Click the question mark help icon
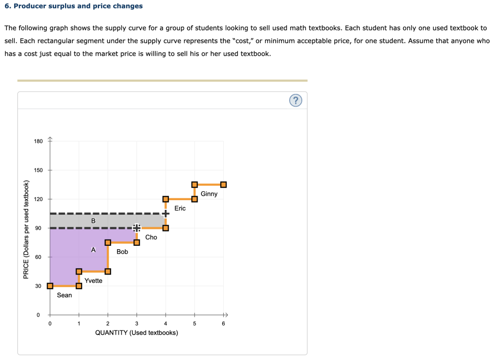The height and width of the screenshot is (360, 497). [296, 100]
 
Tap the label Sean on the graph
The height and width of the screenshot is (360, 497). [65, 295]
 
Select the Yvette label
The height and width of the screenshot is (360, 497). [93, 281]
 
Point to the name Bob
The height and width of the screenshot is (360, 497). [122, 252]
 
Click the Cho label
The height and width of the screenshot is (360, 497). [151, 237]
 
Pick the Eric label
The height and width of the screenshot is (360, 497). [180, 208]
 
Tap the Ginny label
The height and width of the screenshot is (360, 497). [209, 194]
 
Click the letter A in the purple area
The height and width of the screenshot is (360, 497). [93, 250]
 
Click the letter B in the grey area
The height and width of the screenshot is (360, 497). [93, 221]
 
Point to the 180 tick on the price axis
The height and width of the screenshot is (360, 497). [38, 141]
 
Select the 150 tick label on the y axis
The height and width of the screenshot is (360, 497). [38, 170]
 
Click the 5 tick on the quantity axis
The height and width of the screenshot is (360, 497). [195, 324]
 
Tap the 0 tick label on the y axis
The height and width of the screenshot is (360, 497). [38, 315]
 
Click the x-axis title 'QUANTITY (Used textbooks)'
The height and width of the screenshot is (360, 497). [136, 333]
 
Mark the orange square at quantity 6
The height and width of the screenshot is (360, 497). [223, 185]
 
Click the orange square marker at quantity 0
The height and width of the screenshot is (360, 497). [50, 286]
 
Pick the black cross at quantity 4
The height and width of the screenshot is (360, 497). [166, 213]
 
